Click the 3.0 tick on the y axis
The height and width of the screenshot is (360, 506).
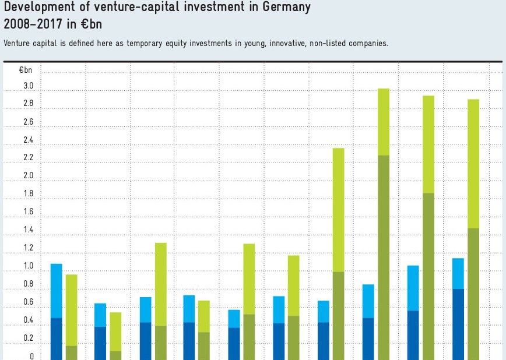tap(29, 86)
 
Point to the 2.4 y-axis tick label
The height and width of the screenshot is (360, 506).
tap(29, 140)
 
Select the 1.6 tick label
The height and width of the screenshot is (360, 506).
tap(29, 212)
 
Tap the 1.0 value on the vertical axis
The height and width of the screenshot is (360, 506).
tap(29, 266)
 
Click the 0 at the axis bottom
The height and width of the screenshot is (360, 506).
tap(32, 357)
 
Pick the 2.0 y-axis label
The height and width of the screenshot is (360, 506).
tap(29, 176)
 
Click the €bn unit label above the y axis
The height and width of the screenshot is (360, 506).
tap(26, 70)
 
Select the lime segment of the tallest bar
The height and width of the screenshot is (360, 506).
tap(383, 122)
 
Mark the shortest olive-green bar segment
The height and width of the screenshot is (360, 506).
tap(115, 355)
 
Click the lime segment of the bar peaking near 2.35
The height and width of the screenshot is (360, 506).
tap(338, 210)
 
